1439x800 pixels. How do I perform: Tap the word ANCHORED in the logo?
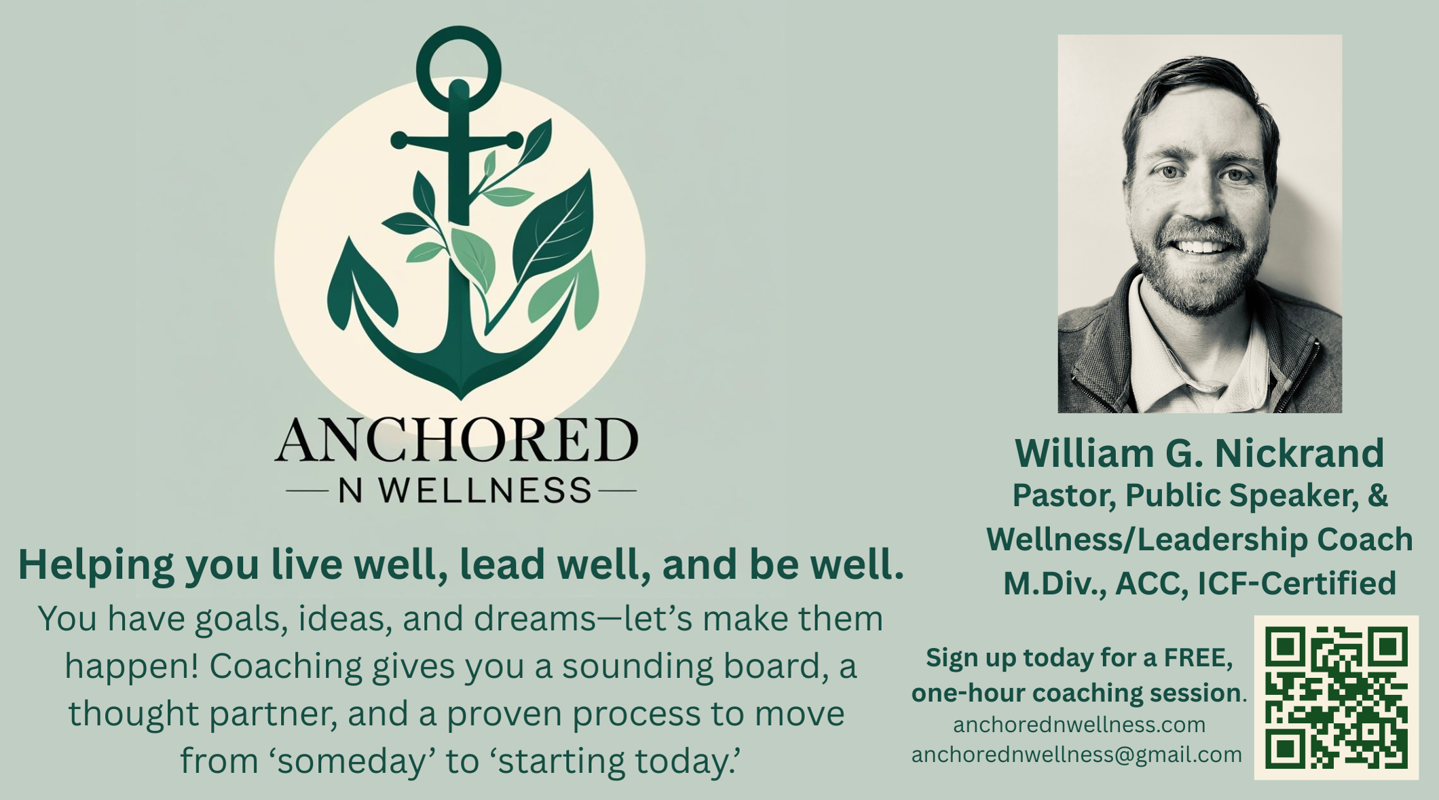[456, 440]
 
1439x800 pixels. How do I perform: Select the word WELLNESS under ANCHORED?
[485, 491]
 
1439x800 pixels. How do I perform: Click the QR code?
[1336, 698]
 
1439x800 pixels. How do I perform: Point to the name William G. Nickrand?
[1199, 453]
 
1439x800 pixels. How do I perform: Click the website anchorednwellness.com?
[1079, 725]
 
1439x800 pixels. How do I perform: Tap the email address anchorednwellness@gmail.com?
[1077, 755]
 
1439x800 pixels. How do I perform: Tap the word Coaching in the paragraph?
[285, 666]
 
